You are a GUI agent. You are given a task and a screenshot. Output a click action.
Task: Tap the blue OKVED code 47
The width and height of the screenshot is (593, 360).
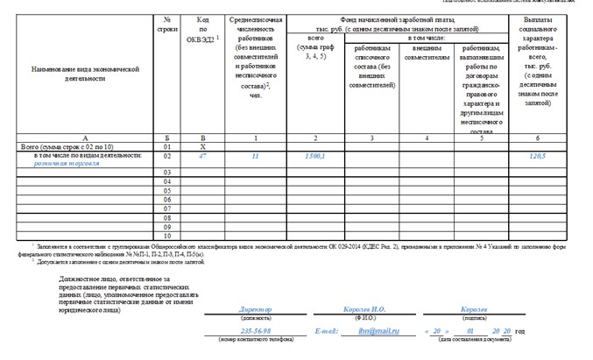click(x=202, y=155)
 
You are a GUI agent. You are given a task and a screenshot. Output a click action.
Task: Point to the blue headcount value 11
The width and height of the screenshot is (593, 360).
click(x=255, y=155)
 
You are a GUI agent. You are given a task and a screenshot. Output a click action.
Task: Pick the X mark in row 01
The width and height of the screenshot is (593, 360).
click(x=202, y=146)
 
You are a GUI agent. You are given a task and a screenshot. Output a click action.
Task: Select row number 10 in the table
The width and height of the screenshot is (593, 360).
click(x=166, y=236)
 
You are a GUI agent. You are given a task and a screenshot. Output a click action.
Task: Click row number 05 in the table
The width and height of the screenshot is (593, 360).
click(x=166, y=190)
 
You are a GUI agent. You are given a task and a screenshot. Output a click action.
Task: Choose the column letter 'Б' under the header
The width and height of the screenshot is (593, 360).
click(x=166, y=138)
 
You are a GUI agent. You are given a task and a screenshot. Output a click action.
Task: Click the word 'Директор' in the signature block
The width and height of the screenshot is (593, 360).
click(x=256, y=310)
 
